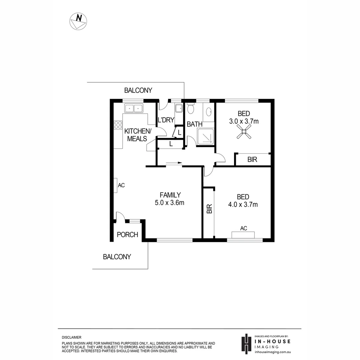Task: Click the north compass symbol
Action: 78,21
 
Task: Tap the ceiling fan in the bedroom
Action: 243,134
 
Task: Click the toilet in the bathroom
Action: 191,109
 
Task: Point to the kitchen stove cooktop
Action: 118,125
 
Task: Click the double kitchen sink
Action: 133,108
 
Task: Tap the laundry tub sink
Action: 178,109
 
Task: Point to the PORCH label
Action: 127,235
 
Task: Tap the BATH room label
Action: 195,124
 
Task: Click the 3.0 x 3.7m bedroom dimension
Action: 244,121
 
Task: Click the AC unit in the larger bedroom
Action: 243,234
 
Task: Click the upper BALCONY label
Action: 138,90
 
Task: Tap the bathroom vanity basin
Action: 209,111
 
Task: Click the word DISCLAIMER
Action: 72,338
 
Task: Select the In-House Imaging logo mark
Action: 246,344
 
